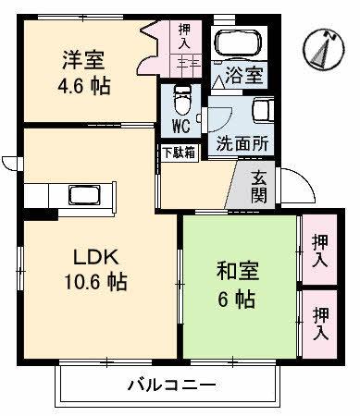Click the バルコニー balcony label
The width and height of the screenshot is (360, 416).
click(171, 385)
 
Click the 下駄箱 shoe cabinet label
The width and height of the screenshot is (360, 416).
click(178, 153)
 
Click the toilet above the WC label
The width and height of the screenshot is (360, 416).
click(180, 98)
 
